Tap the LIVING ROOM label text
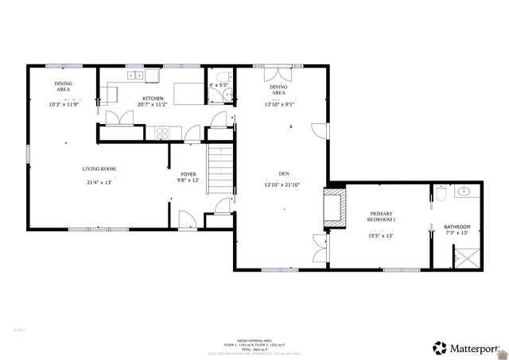(x=99, y=168)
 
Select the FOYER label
(x=188, y=173)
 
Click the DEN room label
(x=283, y=173)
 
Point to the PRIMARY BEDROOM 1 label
(x=382, y=216)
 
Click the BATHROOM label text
(x=457, y=226)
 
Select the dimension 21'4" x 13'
(x=99, y=182)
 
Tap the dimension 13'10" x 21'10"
(x=283, y=185)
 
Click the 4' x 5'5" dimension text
(x=218, y=85)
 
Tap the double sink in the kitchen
(x=135, y=75)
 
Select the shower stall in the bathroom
(x=465, y=257)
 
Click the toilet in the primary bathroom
(x=441, y=193)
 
